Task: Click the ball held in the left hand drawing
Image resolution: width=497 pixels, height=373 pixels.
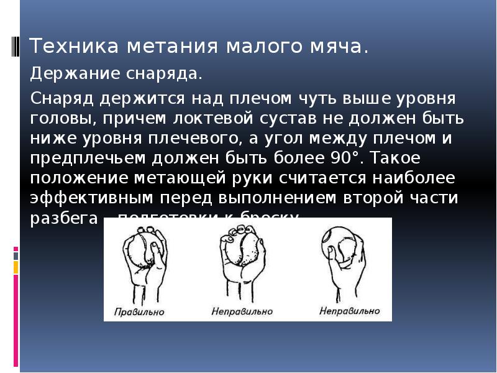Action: (x=139, y=251)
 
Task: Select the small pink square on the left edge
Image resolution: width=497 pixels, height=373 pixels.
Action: (x=16, y=252)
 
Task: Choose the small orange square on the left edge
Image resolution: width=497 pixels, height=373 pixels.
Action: (x=16, y=267)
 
